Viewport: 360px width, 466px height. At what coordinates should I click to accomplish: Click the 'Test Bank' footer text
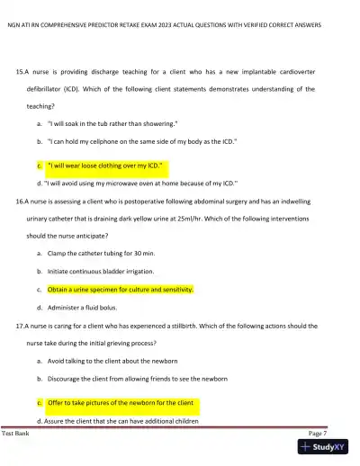(x=15, y=433)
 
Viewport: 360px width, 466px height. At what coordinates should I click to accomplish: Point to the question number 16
(x=22, y=203)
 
